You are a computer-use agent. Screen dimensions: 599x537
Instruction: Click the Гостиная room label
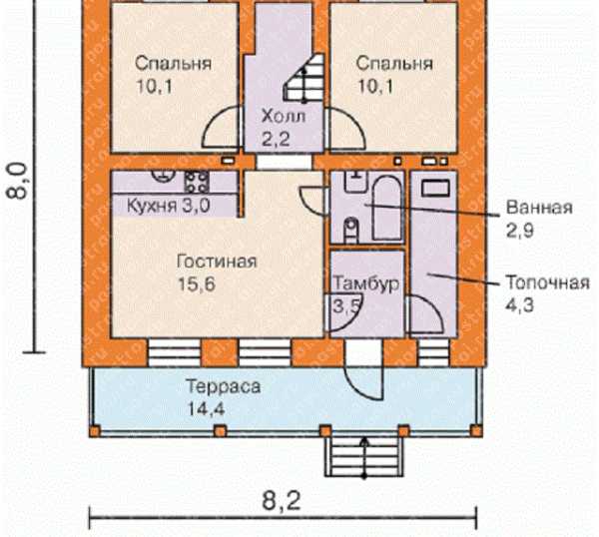pos(217,262)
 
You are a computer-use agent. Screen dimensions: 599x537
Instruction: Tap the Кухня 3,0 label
pos(169,206)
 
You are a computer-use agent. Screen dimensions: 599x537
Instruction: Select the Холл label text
pos(284,116)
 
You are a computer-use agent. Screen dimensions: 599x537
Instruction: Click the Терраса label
pos(224,386)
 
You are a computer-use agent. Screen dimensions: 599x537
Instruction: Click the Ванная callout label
pos(539,208)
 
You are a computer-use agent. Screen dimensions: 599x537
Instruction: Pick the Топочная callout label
pos(547,283)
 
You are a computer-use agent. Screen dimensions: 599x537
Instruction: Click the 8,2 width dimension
pos(282,501)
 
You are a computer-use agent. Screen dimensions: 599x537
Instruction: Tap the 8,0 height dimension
pos(17,181)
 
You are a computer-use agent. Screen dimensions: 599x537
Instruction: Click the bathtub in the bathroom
pos(387,208)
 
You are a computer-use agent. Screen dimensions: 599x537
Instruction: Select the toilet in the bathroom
pos(351,231)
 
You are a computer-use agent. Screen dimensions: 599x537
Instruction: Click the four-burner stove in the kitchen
pos(197,181)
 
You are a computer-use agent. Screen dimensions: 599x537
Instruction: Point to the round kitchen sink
pos(163,175)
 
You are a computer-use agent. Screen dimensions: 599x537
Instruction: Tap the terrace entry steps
pos(364,456)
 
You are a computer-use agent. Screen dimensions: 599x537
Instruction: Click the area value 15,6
pos(197,284)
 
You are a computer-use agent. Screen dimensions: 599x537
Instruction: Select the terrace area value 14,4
pos(206,409)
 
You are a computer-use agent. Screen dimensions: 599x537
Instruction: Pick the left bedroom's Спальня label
pos(173,63)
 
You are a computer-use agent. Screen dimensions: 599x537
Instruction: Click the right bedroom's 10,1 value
pos(375,87)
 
